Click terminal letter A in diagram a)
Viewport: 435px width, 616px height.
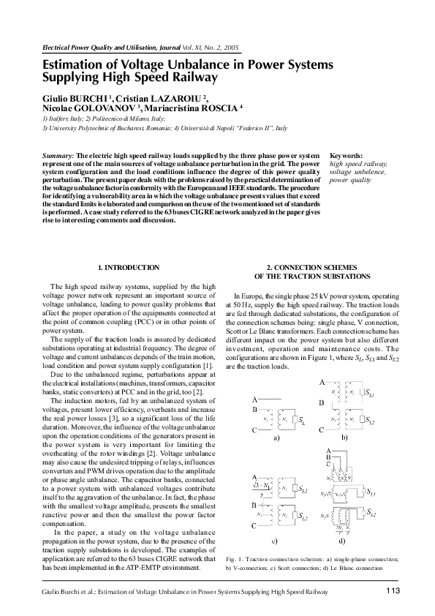pos(254,399)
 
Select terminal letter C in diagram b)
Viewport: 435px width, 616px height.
pos(322,431)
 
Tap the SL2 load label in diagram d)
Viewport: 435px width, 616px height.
pos(371,515)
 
